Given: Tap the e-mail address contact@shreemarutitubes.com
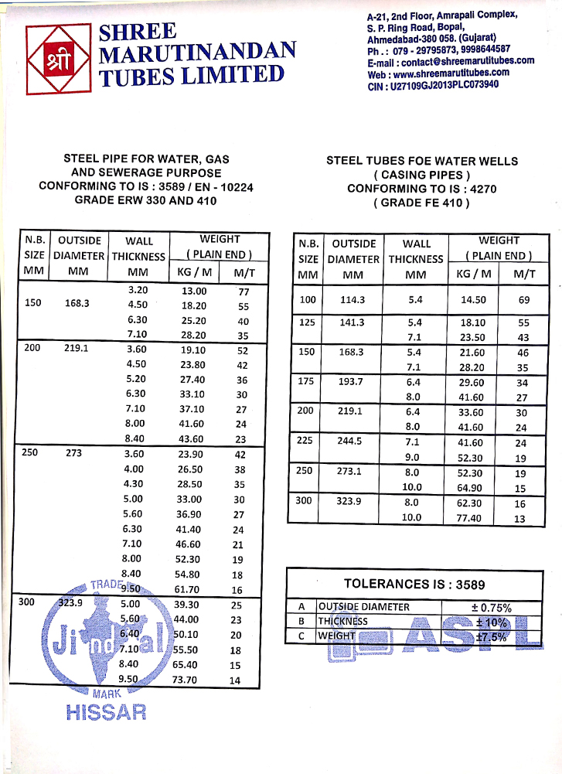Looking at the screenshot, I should (x=451, y=62).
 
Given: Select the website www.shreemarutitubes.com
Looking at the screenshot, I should (x=438, y=74).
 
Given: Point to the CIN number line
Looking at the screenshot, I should (x=433, y=86).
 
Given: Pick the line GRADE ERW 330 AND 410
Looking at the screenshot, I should (x=146, y=200).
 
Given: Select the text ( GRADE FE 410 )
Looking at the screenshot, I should (x=421, y=203).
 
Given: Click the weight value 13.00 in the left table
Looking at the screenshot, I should (x=194, y=291).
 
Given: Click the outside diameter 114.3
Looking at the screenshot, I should (x=353, y=299).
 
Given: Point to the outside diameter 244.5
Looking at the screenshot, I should (x=353, y=442).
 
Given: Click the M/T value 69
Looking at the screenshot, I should (x=523, y=299).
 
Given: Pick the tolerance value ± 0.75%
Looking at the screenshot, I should (x=492, y=607).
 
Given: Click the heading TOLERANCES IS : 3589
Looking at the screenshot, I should (x=414, y=585).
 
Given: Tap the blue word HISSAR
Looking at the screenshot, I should (x=106, y=712).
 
